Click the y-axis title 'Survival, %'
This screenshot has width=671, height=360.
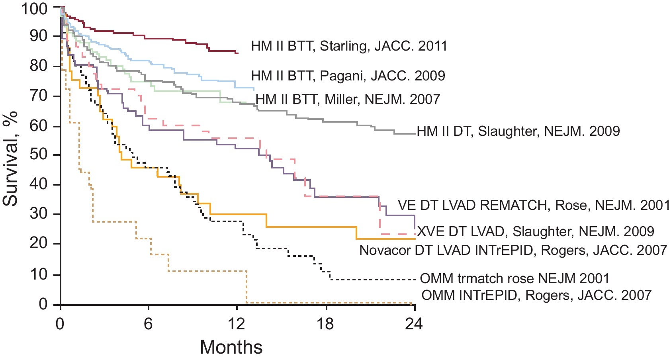click(x=11, y=158)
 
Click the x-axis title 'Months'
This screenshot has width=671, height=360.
click(x=231, y=347)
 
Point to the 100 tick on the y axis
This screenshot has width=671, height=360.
click(x=34, y=8)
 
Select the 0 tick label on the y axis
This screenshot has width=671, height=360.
click(x=43, y=304)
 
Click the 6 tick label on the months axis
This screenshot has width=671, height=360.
click(x=148, y=324)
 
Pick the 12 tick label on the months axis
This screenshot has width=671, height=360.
click(x=236, y=324)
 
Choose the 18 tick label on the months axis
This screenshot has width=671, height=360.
click(x=325, y=324)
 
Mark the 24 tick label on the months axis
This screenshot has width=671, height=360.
click(x=414, y=324)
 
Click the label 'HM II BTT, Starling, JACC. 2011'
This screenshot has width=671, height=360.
click(x=349, y=46)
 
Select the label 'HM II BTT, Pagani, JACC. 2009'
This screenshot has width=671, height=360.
click(x=348, y=76)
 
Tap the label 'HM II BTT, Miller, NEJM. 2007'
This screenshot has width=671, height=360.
click(x=348, y=99)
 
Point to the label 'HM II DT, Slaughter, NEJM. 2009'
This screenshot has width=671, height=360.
click(x=518, y=131)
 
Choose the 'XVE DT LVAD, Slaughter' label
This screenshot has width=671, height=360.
click(x=536, y=231)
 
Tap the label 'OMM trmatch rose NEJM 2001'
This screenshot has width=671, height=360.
click(x=514, y=278)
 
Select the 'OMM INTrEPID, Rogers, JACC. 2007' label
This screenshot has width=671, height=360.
click(x=536, y=295)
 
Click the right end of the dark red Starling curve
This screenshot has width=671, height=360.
click(x=238, y=53)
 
